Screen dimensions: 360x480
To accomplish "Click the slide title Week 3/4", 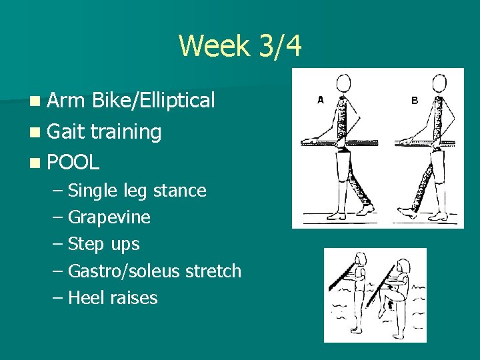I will click(240, 47).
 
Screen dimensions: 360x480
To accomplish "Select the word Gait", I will click(66, 131).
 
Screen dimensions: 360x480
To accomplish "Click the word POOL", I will click(73, 161).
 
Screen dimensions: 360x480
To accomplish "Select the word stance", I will click(179, 191).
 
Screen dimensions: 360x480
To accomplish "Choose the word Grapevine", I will click(109, 218).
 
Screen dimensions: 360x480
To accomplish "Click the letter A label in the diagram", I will click(320, 100).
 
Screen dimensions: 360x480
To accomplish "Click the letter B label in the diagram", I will click(414, 100).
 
